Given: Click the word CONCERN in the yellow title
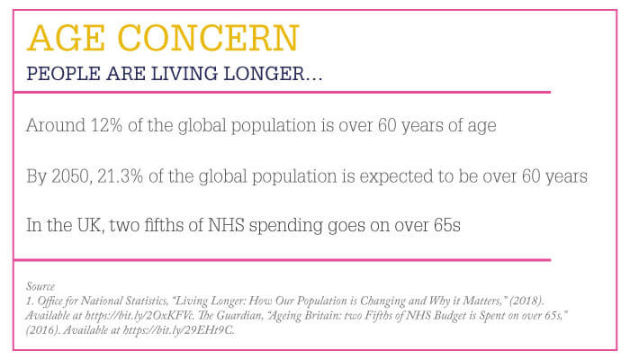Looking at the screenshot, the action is coord(209,38).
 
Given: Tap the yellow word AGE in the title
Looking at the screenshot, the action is coord(67,38).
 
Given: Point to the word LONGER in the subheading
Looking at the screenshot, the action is coord(264,74).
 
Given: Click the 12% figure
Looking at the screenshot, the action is coord(106,125).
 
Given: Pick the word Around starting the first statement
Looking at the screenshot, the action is coord(56,125).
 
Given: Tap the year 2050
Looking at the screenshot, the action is coord(71,176).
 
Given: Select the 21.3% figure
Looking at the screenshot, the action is coord(120,176).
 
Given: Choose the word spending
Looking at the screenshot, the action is coord(285,226).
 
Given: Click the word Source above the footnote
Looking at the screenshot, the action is coord(40,286).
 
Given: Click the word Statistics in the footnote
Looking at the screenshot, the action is coord(147,301).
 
